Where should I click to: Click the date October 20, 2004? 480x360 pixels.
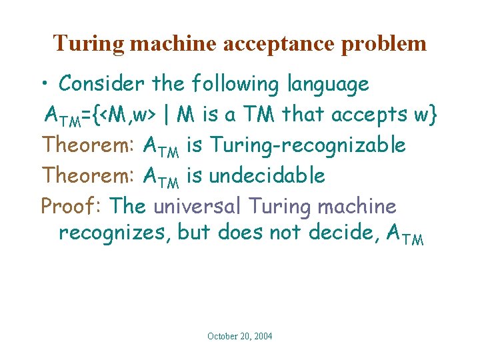(x=239, y=336)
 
